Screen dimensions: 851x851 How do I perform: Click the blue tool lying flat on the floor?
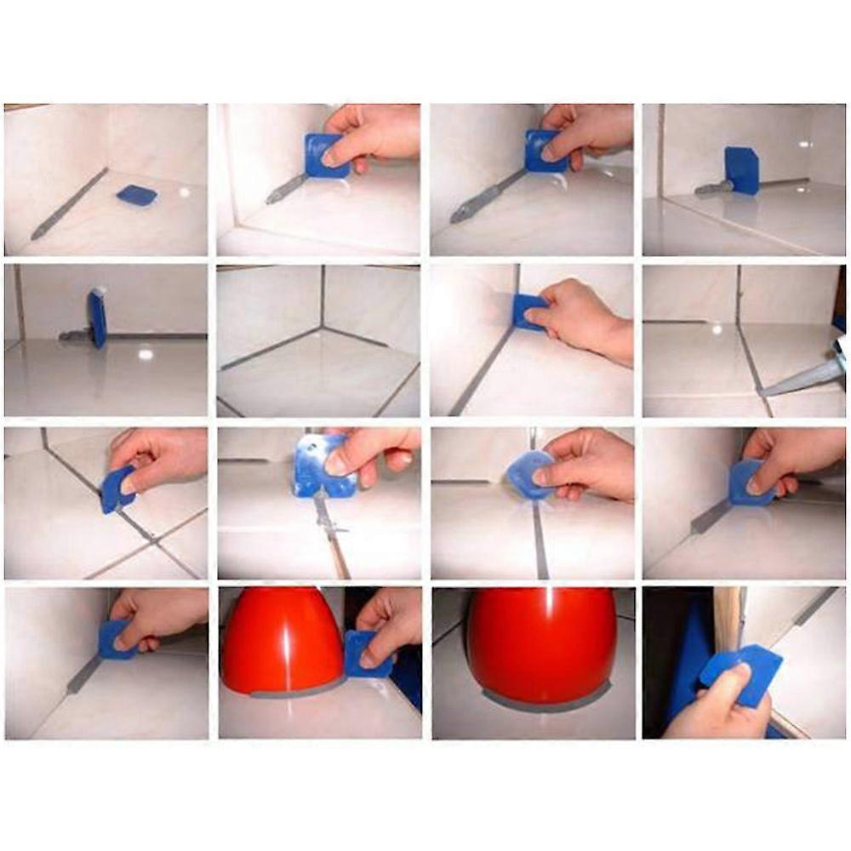point(136,196)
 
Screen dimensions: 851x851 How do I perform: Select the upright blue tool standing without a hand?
point(742,170)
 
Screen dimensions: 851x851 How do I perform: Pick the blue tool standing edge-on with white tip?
point(97,317)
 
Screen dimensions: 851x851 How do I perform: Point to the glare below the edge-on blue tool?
point(146,351)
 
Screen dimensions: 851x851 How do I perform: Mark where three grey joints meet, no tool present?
point(322,326)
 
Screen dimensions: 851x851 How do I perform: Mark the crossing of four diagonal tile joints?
point(150,538)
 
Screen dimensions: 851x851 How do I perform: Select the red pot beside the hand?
point(281,638)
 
